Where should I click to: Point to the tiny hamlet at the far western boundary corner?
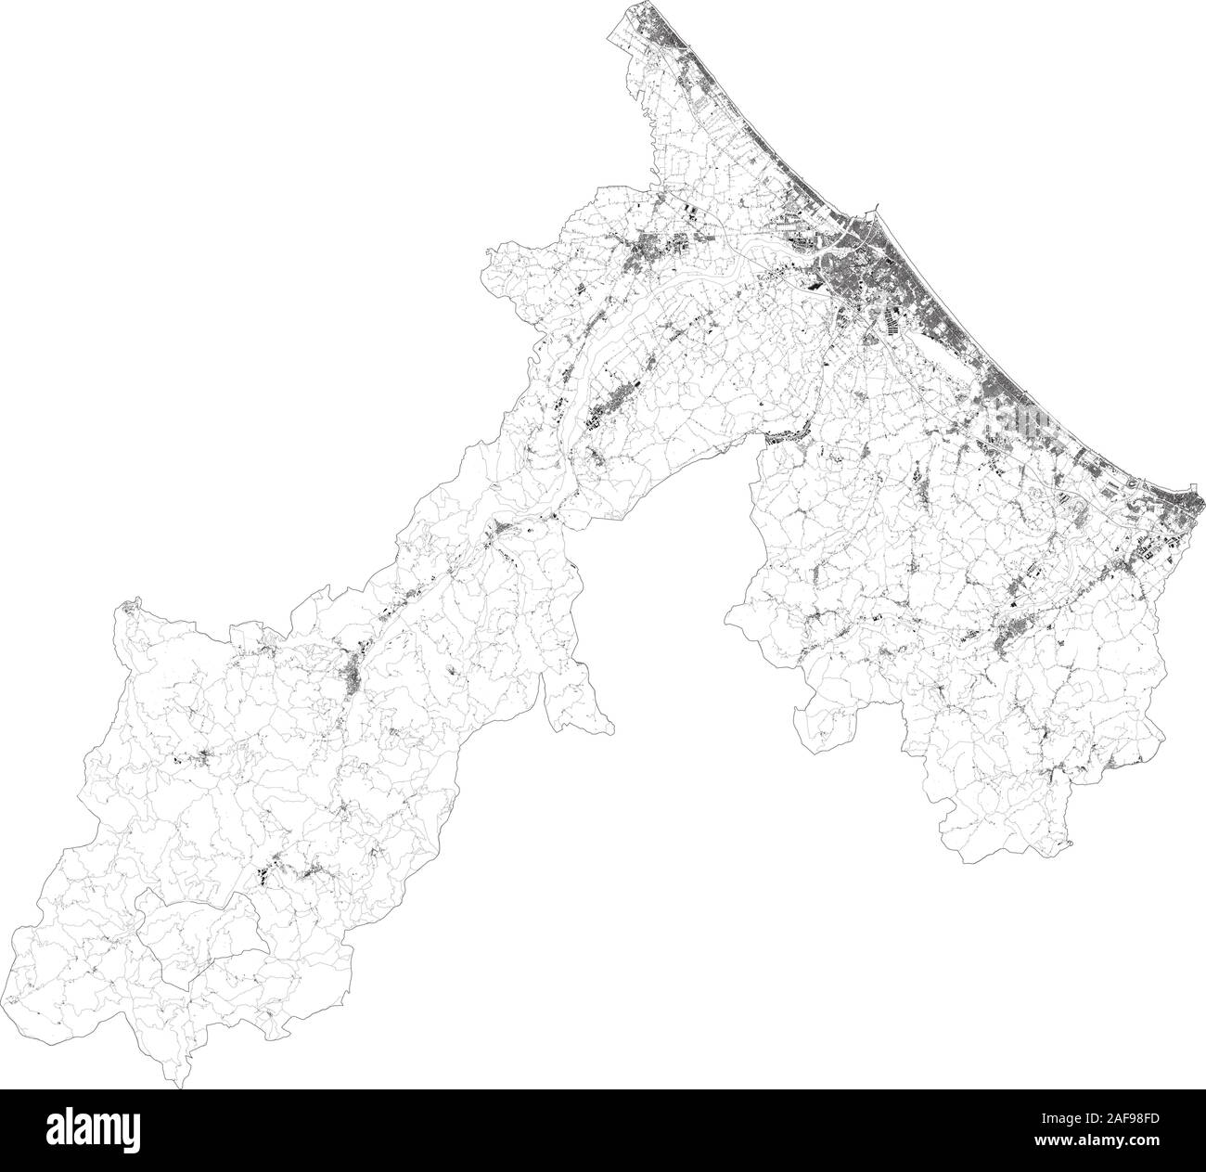[122, 610]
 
